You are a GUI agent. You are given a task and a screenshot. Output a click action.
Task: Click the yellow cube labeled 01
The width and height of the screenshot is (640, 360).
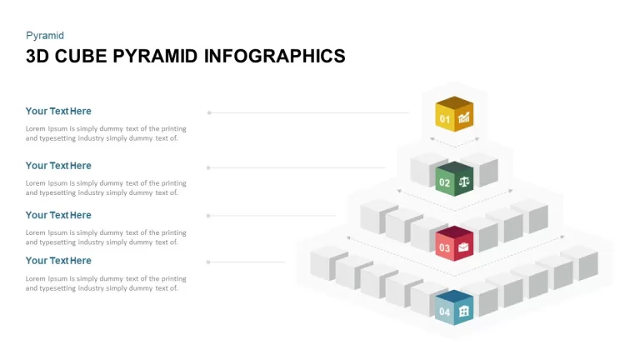[x=454, y=114]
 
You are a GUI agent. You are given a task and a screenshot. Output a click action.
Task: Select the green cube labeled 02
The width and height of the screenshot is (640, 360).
[x=454, y=179]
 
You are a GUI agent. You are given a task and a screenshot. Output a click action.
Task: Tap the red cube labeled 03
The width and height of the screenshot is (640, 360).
[x=454, y=243]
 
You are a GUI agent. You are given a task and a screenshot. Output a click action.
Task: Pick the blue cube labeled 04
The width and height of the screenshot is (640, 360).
[x=454, y=307]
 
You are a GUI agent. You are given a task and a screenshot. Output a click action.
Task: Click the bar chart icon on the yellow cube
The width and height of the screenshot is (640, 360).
[x=463, y=117]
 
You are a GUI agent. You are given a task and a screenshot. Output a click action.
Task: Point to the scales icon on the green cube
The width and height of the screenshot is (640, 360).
[x=464, y=182]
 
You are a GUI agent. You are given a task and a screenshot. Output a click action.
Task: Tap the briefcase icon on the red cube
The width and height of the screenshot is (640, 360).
[x=463, y=247]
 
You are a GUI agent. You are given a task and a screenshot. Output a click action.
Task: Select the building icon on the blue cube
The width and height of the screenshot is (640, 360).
[x=463, y=311]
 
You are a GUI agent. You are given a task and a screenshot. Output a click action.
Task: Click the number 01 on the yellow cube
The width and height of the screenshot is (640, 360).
[x=444, y=119]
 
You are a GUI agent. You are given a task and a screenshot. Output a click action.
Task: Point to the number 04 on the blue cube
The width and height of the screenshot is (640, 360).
[x=444, y=312]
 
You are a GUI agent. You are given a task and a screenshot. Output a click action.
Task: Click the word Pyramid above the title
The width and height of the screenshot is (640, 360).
[x=45, y=36]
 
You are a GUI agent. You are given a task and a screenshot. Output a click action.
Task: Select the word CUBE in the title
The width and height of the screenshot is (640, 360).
[x=81, y=57]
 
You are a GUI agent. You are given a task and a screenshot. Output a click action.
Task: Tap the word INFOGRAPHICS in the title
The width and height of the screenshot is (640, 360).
[x=275, y=57]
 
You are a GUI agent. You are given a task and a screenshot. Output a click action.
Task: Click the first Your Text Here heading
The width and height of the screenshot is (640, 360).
[x=58, y=111]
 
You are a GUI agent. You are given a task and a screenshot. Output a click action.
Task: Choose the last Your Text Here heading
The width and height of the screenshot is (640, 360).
[x=58, y=260]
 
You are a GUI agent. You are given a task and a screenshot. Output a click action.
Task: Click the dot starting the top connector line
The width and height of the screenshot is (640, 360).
[x=209, y=112]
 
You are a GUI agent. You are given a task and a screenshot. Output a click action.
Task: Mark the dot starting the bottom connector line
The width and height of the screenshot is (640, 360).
[x=208, y=262]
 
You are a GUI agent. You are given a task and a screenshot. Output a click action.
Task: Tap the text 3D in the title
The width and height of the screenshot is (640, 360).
[x=37, y=57]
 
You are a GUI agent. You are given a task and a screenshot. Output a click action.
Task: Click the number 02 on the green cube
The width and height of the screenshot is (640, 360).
[x=444, y=183]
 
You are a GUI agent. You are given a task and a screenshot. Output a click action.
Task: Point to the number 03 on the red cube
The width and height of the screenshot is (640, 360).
[x=444, y=247]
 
